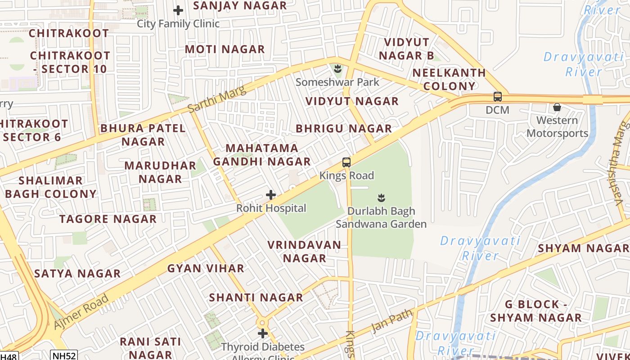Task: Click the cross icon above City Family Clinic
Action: (178, 10)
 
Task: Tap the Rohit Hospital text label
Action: (271, 208)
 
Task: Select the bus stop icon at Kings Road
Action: (346, 162)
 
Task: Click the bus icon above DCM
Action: (497, 97)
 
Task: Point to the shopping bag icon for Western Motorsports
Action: (557, 107)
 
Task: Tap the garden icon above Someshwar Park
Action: (337, 69)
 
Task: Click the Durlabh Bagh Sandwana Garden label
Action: (381, 217)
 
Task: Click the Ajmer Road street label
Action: (81, 311)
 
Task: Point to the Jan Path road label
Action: (391, 320)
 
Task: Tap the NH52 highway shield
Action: (63, 355)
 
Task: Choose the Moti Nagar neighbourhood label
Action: (225, 49)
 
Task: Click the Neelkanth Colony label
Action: (449, 79)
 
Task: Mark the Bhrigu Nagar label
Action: (344, 129)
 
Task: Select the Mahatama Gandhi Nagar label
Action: (262, 155)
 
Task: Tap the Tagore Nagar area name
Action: (108, 219)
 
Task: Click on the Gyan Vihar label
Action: (206, 269)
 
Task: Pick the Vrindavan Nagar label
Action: (304, 252)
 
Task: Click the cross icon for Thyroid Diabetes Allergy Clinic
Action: (263, 333)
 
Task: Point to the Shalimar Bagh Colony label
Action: (51, 187)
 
